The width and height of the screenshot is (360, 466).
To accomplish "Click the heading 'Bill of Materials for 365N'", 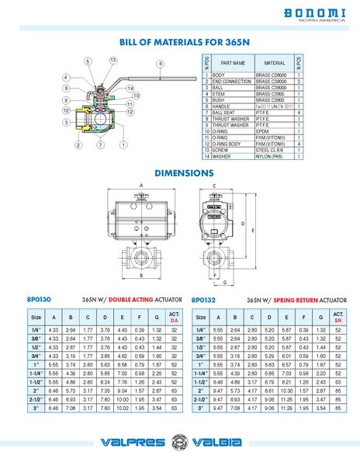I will (179, 43).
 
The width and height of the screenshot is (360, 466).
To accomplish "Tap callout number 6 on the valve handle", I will (160, 64).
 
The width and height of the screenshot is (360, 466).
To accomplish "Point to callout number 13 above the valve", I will (112, 60).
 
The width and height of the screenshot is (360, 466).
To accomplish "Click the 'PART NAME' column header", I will (233, 62).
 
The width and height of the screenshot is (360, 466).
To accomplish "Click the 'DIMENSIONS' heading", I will (184, 172).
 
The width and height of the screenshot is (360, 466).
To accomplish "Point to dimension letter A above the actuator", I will (142, 185).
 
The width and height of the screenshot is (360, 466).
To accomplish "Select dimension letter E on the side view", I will (244, 224).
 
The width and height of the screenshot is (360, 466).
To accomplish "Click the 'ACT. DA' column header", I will (174, 318).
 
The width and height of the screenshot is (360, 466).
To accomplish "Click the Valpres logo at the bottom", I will (133, 443).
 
